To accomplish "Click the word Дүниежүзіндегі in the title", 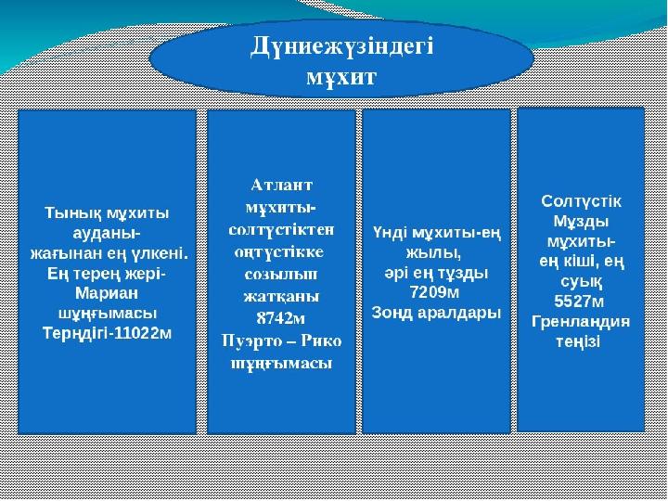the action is [x=341, y=47].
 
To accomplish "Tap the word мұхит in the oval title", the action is [x=341, y=77].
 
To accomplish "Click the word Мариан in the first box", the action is [x=107, y=293].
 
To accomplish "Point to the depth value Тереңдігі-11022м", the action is [x=108, y=334].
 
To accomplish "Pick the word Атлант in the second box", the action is [x=282, y=186].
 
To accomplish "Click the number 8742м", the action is [x=281, y=318].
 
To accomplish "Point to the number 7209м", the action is [x=434, y=292].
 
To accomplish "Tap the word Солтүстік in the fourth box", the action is [x=581, y=201].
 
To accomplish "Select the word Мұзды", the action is [x=581, y=222].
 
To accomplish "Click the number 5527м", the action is [x=579, y=302].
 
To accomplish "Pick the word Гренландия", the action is [x=581, y=322].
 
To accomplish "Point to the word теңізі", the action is [x=579, y=341].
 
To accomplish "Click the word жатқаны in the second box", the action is [x=281, y=297].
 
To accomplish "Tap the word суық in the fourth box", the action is [x=580, y=282].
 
